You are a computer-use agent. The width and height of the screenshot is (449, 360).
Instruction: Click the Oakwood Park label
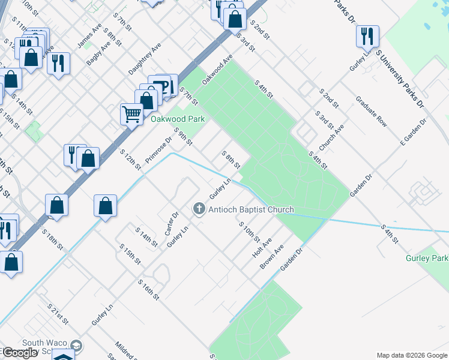(x=177, y=119)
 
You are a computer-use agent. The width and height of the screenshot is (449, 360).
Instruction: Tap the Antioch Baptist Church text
(x=251, y=209)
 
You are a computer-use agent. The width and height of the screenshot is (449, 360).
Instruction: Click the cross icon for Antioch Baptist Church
(x=199, y=209)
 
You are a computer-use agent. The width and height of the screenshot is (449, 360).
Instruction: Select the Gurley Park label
(x=427, y=258)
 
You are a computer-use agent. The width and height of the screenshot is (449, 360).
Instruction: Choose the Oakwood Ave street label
(x=217, y=70)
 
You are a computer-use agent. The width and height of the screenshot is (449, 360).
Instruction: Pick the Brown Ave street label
(x=271, y=257)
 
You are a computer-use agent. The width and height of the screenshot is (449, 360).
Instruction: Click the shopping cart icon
(x=131, y=113)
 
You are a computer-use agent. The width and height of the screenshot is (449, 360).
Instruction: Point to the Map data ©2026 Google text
(x=411, y=355)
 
